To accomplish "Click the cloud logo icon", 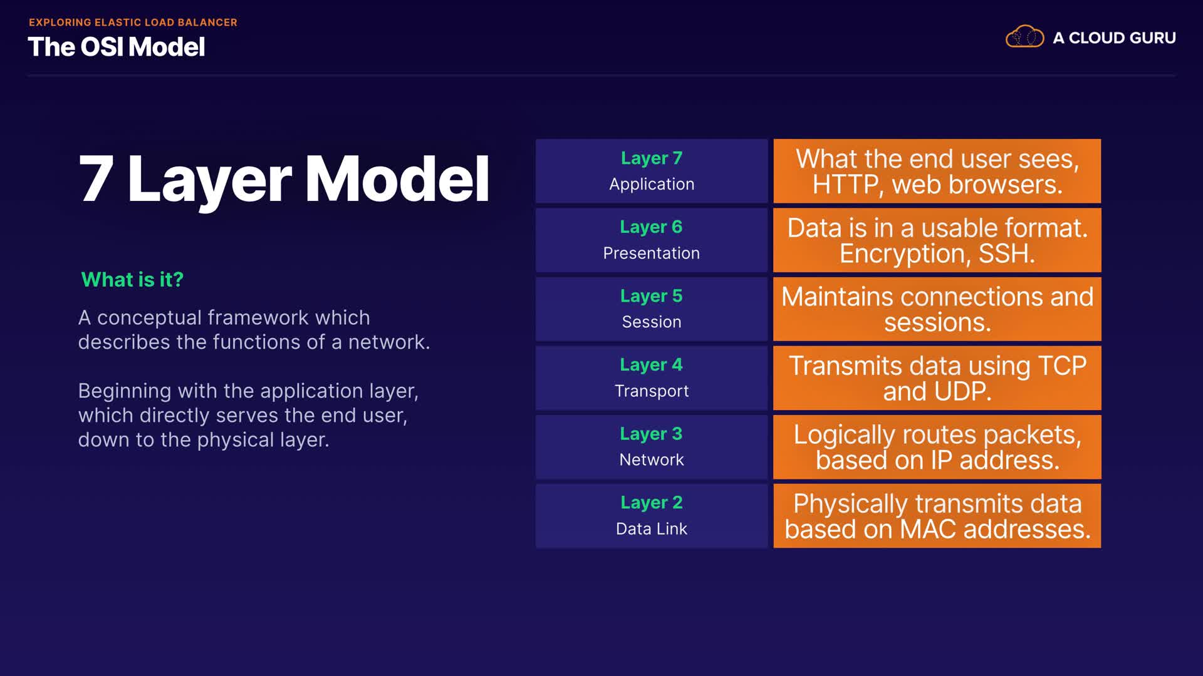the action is click(x=1024, y=37).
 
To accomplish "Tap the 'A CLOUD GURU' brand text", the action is click(x=1114, y=38).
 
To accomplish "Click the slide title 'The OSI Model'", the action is click(x=117, y=47).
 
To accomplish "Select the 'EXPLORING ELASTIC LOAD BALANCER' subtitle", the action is click(x=133, y=23).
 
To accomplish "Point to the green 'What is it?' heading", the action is click(x=132, y=279).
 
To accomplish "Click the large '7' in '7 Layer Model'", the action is click(x=96, y=179).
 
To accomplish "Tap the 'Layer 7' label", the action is click(x=652, y=158).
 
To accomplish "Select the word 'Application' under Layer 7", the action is click(x=652, y=185).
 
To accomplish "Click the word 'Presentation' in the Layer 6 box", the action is click(x=652, y=253).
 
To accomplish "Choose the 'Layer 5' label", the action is click(x=652, y=296).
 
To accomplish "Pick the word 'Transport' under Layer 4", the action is click(x=652, y=391).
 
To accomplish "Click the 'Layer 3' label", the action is click(x=652, y=434).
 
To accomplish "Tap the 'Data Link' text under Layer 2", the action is click(x=652, y=529).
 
